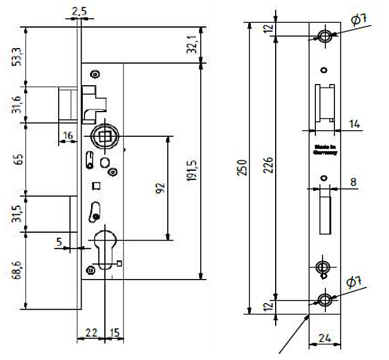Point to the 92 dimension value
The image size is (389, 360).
[159, 188]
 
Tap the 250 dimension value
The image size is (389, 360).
[241, 167]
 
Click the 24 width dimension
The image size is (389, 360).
[324, 338]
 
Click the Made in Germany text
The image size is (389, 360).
[324, 149]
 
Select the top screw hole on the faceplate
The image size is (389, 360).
[324, 35]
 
